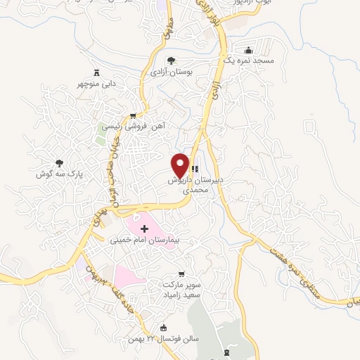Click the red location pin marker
(181, 165)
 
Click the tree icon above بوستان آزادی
(172, 60)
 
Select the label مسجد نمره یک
(249, 62)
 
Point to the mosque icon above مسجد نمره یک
(249, 51)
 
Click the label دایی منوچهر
(97, 84)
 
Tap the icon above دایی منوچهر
(97, 72)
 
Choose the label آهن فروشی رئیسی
(133, 127)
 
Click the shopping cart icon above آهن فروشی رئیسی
(134, 115)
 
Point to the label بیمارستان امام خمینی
(145, 240)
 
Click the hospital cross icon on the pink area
(145, 229)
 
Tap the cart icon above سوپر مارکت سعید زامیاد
(184, 274)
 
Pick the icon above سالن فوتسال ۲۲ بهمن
(165, 328)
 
